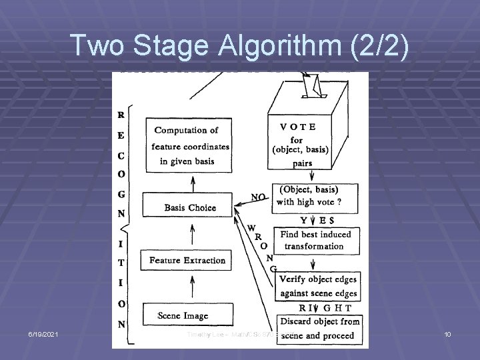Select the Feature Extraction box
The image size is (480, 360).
click(187, 260)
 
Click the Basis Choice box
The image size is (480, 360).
click(190, 207)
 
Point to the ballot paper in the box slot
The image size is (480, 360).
click(312, 84)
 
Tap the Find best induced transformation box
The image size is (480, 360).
click(316, 241)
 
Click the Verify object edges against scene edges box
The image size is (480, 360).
click(317, 286)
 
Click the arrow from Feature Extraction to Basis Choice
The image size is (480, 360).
click(193, 234)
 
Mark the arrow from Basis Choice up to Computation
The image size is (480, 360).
click(193, 181)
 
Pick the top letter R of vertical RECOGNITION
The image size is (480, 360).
click(121, 114)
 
